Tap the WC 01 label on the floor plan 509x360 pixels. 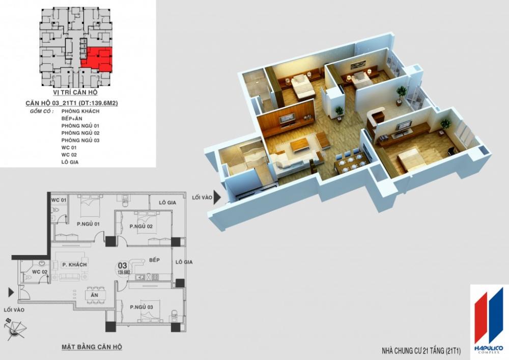click(x=58, y=200)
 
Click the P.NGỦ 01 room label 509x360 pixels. click(x=88, y=223)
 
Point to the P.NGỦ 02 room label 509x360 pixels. click(x=142, y=226)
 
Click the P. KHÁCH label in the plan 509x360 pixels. click(x=74, y=265)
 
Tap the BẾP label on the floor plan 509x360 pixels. click(x=155, y=260)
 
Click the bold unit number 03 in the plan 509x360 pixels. click(x=123, y=265)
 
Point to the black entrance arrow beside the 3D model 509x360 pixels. click(x=217, y=197)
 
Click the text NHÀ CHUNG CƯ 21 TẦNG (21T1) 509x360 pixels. click(x=420, y=351)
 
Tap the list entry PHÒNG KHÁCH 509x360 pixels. click(x=80, y=110)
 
